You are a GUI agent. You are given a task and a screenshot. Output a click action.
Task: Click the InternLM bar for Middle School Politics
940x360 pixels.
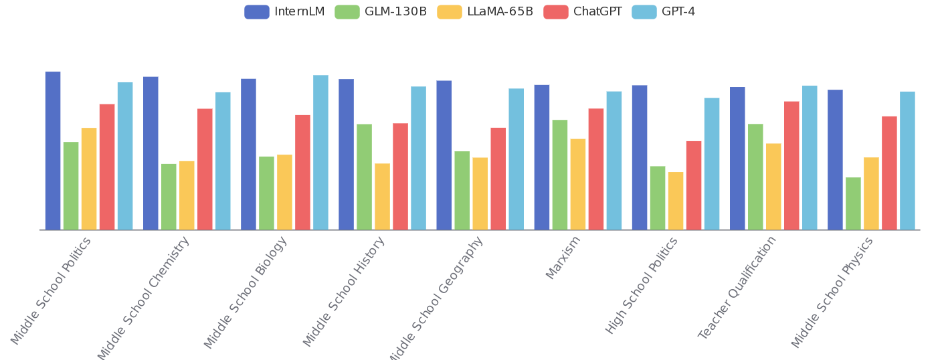tap(53, 151)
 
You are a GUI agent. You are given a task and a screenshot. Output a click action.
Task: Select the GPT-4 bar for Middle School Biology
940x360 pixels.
tap(320, 153)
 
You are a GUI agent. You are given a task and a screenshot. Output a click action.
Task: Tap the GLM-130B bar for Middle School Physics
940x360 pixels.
tap(853, 203)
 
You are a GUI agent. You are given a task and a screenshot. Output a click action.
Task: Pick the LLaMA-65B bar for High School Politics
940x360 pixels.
tap(676, 201)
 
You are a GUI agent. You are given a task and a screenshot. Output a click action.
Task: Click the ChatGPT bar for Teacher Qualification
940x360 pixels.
tap(791, 165)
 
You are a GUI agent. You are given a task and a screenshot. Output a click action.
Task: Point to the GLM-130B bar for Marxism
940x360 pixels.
tap(560, 175)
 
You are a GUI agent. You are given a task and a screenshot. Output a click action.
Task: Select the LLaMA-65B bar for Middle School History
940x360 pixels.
tap(382, 196)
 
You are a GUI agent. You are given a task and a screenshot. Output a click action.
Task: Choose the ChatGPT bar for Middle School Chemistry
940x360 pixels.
tap(205, 169)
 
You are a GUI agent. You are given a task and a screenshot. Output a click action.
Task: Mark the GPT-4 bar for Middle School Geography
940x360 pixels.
tap(516, 159)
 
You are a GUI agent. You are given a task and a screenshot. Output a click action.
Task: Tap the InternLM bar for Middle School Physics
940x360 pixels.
tap(835, 160)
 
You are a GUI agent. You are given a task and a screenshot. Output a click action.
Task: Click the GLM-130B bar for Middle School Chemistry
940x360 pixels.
tap(169, 196)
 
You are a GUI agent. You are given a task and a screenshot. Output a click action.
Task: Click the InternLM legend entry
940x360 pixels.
tap(284, 11)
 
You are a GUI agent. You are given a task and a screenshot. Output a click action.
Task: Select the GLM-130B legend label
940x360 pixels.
tap(395, 11)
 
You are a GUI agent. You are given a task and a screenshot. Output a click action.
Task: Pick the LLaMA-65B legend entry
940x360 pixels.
tap(485, 11)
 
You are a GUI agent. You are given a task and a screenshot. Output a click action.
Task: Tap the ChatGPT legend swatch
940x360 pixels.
tap(555, 11)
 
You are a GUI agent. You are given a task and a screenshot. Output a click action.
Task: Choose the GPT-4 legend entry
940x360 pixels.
tap(664, 11)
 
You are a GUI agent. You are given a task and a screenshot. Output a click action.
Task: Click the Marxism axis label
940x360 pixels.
tap(563, 258)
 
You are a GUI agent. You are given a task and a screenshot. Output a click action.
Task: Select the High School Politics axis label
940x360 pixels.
tap(642, 285)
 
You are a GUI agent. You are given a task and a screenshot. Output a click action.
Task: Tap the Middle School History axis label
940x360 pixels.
tap(344, 291)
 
